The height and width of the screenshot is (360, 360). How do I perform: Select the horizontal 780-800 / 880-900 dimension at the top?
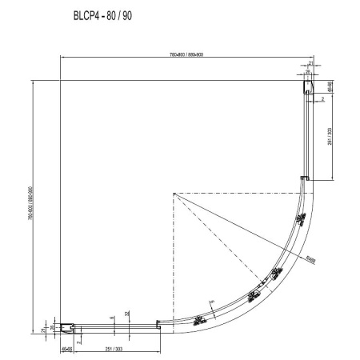[x=185, y=54]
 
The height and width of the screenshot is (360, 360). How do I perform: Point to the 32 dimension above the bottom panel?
[x=126, y=313]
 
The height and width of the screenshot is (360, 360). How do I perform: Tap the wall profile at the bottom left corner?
[x=66, y=326]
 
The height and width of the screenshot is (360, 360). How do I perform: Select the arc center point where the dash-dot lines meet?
[x=173, y=194]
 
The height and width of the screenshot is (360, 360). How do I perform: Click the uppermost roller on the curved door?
[x=278, y=273]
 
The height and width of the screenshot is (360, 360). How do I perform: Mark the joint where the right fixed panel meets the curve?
[x=304, y=178]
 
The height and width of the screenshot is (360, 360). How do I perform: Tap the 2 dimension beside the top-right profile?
[x=322, y=99]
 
